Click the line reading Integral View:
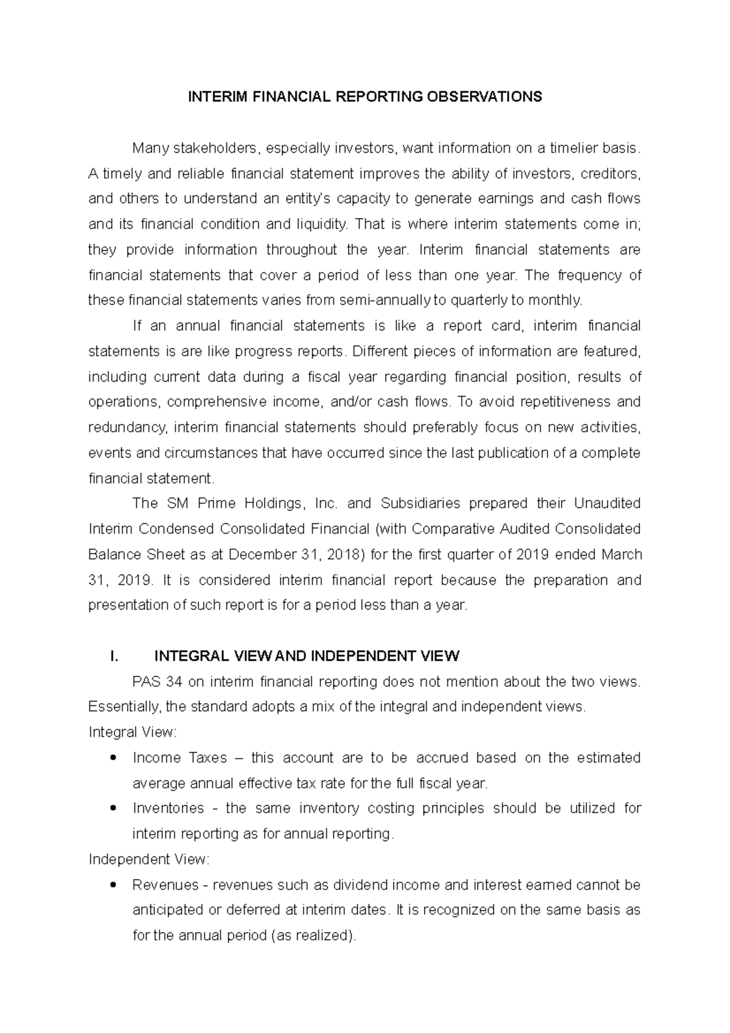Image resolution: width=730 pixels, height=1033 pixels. point(133,732)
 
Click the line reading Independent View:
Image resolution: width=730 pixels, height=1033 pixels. point(149,859)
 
